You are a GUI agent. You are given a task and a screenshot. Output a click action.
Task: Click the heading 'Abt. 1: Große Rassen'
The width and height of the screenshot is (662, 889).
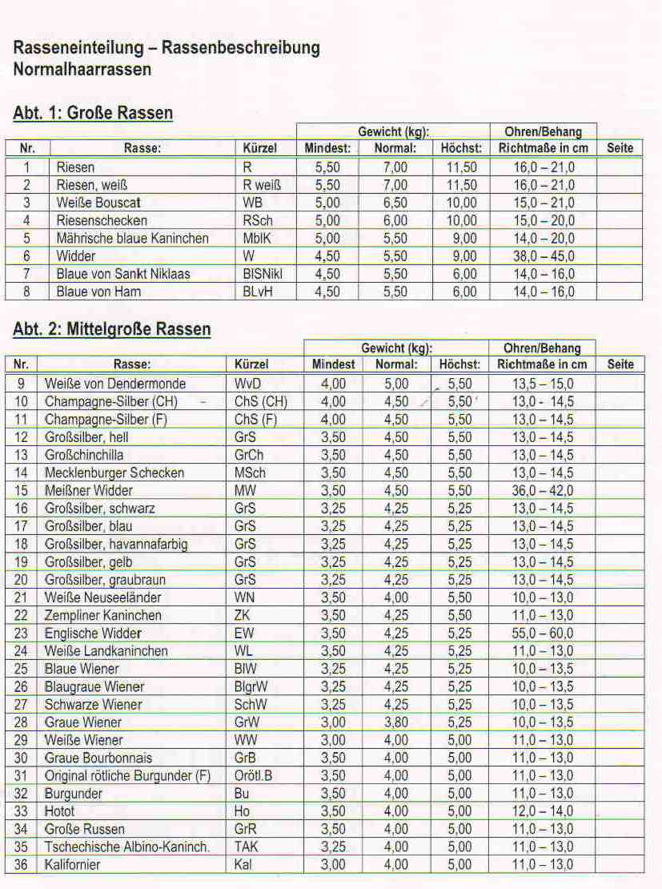click(93, 113)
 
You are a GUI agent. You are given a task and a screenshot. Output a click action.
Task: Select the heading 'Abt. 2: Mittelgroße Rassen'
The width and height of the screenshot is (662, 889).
click(112, 329)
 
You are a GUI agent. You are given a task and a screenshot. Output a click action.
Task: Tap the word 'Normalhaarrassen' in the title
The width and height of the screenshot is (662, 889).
click(82, 69)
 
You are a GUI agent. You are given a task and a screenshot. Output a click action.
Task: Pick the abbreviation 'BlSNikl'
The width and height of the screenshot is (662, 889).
click(263, 274)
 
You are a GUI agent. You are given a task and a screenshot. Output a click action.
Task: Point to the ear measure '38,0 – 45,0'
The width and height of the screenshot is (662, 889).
click(544, 256)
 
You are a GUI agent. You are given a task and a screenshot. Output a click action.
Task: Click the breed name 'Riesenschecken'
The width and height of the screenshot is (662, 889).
click(102, 220)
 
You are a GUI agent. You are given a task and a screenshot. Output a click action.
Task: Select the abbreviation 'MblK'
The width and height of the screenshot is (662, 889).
click(258, 238)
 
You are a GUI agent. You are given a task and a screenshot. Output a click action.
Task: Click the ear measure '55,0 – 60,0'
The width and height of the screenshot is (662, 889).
click(543, 634)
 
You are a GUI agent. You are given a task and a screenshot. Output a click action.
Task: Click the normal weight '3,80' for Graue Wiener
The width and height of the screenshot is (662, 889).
click(396, 722)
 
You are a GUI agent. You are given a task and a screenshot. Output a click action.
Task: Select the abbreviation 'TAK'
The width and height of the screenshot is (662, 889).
click(247, 847)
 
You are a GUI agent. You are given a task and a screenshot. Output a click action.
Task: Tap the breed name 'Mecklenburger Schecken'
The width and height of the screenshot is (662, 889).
click(114, 473)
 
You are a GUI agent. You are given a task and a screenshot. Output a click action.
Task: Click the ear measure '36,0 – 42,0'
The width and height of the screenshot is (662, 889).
click(543, 491)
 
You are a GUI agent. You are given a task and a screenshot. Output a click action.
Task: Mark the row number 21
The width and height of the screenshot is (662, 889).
click(21, 597)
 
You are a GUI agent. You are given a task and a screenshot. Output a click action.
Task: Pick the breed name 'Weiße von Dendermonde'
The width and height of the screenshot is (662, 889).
click(115, 384)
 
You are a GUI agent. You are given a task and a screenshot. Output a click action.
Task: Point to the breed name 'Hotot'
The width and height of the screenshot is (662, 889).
click(60, 811)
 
